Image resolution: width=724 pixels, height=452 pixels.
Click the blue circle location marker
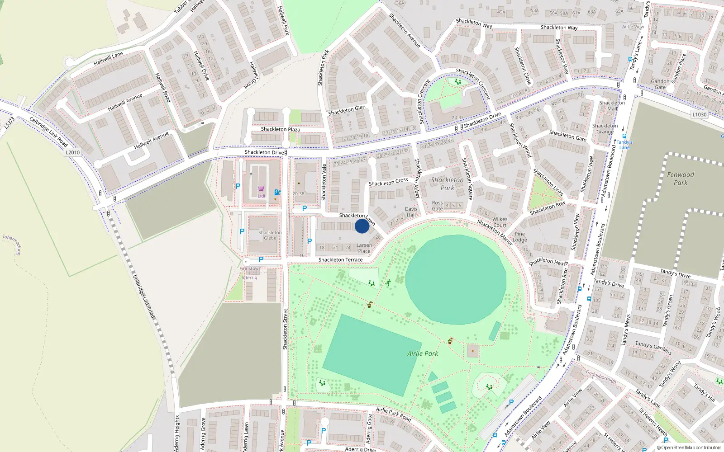(x=362, y=226)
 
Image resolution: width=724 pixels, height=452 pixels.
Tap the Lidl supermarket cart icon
(x=261, y=189)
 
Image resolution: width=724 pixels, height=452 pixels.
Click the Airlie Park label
(x=423, y=353)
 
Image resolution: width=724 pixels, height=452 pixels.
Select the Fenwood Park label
(x=680, y=179)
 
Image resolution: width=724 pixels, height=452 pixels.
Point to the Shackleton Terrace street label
(x=340, y=260)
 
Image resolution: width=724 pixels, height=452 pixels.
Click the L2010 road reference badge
(x=72, y=152)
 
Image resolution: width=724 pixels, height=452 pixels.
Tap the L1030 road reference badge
(x=699, y=115)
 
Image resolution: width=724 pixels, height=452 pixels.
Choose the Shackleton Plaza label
(x=280, y=129)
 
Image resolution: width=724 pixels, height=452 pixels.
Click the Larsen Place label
(x=364, y=248)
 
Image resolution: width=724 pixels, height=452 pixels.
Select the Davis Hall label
(x=411, y=212)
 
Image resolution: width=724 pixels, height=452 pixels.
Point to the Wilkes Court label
(x=500, y=222)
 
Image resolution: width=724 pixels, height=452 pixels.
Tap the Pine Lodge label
(x=519, y=237)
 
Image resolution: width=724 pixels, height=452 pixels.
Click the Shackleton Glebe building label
(x=270, y=235)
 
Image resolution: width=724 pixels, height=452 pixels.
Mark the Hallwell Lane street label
(x=108, y=58)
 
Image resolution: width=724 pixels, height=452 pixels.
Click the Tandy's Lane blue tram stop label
(x=624, y=145)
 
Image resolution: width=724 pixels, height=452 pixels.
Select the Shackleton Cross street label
(x=388, y=182)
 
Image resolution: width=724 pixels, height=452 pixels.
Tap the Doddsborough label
(x=601, y=377)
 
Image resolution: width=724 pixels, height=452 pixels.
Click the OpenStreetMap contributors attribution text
(x=690, y=448)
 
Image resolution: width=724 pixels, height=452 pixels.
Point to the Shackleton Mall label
(x=612, y=106)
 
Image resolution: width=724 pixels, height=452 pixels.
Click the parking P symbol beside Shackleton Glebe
(x=242, y=231)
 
